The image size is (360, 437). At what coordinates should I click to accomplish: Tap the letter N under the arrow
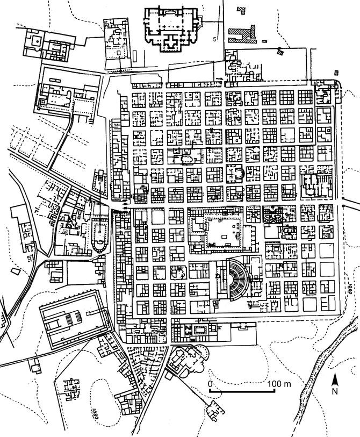coord(334,391)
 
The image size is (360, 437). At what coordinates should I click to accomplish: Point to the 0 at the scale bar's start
coord(211,384)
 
